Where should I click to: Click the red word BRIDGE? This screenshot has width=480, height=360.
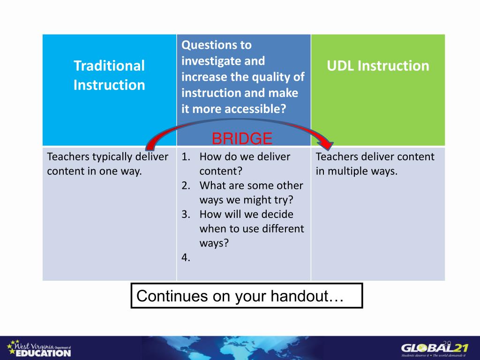242,138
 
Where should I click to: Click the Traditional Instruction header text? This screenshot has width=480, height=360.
109,75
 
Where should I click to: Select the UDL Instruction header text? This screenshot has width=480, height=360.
378,66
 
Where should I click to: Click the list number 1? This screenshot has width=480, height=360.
186,157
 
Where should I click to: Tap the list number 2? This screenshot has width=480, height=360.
186,186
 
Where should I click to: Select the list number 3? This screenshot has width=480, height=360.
186,214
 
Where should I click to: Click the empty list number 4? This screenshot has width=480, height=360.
186,257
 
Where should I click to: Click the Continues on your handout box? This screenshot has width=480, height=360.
247,296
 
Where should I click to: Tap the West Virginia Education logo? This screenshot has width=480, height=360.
39,349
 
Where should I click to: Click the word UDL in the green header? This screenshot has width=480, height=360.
340,66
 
